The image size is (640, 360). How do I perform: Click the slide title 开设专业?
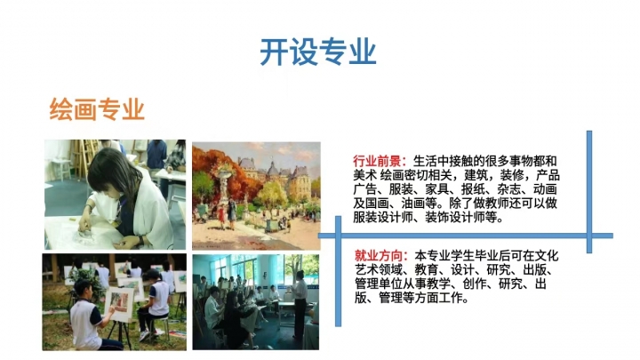tap(318, 52)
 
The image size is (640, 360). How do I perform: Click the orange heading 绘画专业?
tap(97, 109)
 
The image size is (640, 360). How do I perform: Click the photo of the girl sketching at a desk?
tap(115, 195)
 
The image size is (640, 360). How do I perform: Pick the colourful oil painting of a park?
tap(256, 196)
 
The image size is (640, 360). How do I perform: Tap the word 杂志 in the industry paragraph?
tap(508, 188)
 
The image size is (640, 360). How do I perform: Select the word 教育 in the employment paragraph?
tap(427, 270)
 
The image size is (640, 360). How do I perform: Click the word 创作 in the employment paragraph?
tap(475, 284)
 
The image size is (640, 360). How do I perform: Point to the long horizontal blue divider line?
tap(466, 236)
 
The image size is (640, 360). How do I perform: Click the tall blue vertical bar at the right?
tap(589, 192)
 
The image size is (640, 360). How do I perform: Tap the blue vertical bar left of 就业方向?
tap(338, 271)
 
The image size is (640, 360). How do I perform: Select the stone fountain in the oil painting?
tap(224, 182)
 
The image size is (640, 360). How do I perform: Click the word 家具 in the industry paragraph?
tap(437, 188)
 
